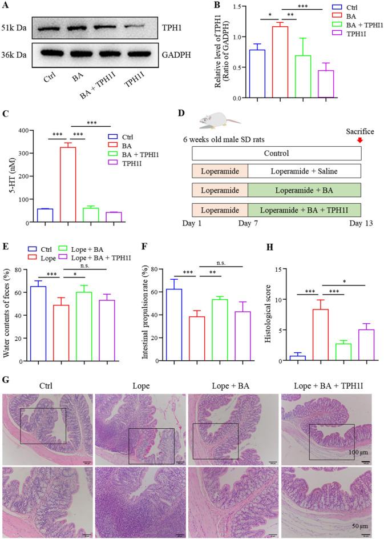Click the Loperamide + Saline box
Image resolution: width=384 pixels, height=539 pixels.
tap(304, 171)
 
